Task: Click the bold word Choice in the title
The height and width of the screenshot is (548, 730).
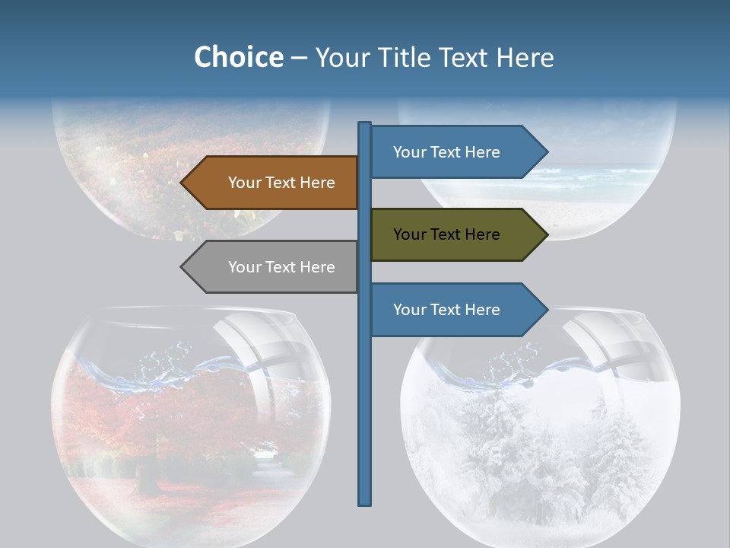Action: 238,57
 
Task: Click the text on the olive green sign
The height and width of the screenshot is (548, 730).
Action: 446,234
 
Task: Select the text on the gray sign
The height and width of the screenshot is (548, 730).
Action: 281,267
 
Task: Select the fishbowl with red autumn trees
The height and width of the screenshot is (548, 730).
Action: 190,434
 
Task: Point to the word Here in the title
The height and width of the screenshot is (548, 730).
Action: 525,57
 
